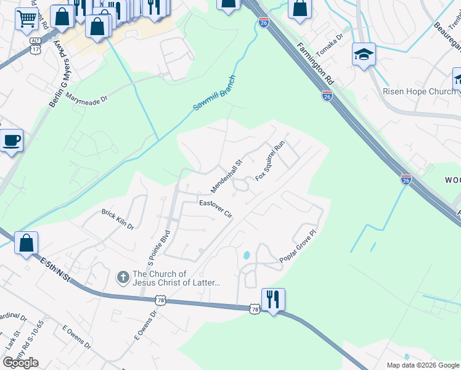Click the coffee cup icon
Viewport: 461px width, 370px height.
tap(12, 141)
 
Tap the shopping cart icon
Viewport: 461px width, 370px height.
tap(26, 20)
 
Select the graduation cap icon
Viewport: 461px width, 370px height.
tap(364, 55)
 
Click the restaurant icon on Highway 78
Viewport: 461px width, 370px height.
tap(272, 300)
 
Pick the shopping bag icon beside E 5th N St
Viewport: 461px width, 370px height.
tap(27, 243)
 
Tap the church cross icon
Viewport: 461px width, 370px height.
tap(123, 278)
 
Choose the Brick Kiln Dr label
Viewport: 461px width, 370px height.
tap(118, 218)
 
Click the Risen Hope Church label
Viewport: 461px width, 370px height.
tap(419, 91)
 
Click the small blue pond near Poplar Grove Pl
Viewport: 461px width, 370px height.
tap(247, 254)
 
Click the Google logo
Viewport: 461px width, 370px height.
tap(20, 363)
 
